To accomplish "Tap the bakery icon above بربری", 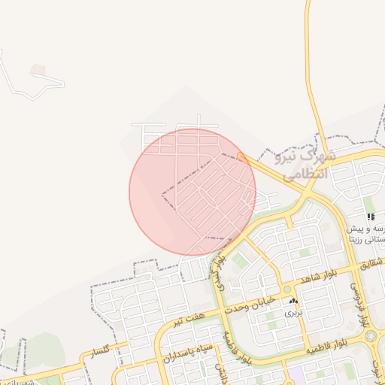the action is pyautogui.click(x=293, y=301).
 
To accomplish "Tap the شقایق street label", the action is pyautogui.click(x=372, y=263).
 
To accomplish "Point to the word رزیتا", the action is pyautogui.click(x=359, y=241).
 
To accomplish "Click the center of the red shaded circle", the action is pyautogui.click(x=192, y=192).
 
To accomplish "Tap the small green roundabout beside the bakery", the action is pyautogui.click(x=286, y=290).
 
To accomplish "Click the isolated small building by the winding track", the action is pyautogui.click(x=38, y=70).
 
